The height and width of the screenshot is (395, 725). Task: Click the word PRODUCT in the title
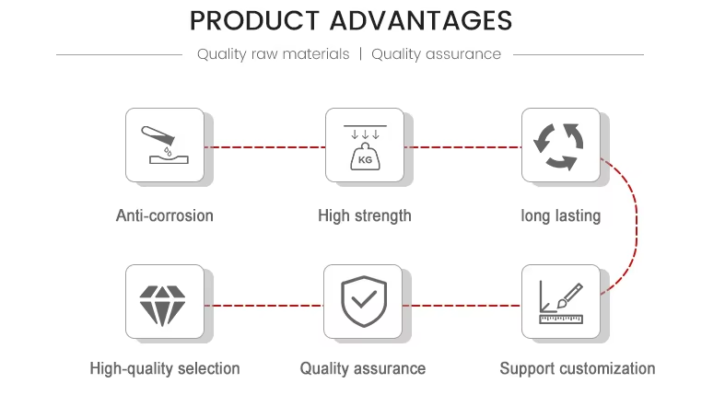254,21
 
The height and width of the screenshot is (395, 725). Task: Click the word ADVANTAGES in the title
421,21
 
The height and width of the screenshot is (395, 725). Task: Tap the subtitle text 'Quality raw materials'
273,54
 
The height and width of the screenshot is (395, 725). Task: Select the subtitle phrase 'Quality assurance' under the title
436,54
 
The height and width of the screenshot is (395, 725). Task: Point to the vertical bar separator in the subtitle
360,54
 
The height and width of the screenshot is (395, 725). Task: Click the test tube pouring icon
165,145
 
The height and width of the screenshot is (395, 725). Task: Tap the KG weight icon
365,147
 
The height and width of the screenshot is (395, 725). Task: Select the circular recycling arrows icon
558,146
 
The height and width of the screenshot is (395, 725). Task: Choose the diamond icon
162,306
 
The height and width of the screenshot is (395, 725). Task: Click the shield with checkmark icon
364,302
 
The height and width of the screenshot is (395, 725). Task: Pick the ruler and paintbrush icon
561,303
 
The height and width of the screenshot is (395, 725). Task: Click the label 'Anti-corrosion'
165,215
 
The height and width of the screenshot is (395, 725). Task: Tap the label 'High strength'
365,216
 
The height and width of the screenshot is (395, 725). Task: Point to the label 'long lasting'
561,216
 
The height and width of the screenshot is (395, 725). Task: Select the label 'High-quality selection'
165,368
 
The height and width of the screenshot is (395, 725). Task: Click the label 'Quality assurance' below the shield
363,368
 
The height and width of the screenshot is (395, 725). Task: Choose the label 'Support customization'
578,368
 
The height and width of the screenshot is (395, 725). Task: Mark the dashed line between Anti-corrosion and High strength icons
265,147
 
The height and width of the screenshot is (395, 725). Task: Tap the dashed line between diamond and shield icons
264,306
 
